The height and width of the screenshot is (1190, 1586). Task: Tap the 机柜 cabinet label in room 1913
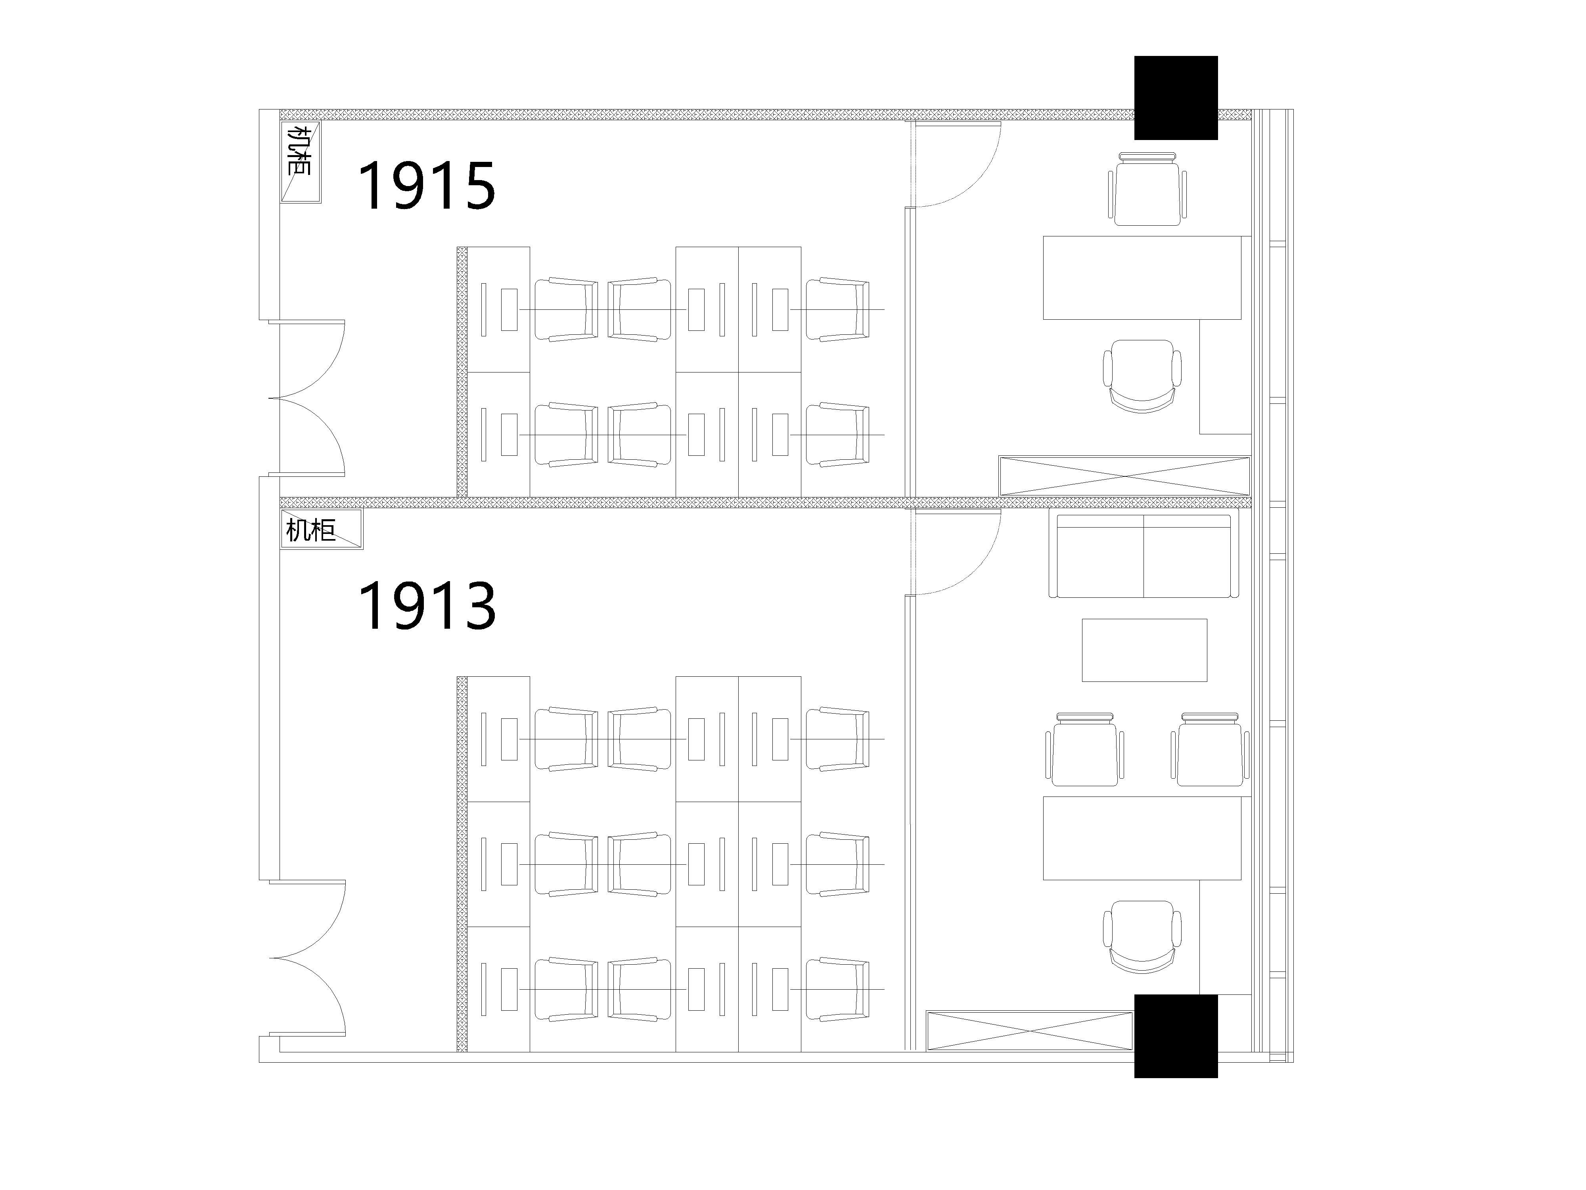310,530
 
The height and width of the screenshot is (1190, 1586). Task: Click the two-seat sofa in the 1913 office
1144,556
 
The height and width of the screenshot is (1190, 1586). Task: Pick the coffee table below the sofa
1144,650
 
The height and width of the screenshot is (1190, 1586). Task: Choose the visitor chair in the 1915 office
1147,189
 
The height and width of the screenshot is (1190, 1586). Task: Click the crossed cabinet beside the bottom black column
1030,1031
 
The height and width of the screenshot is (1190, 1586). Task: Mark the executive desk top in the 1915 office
1142,278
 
